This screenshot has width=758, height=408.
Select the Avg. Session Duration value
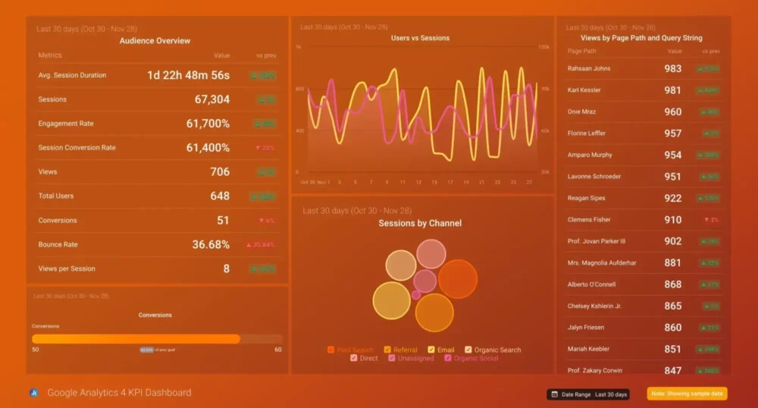[x=188, y=75]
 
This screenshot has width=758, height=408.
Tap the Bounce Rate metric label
[x=58, y=244]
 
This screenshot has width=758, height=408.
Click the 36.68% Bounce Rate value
[x=211, y=244]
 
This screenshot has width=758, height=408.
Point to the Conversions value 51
[x=223, y=220]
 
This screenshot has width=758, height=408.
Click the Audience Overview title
[x=155, y=41]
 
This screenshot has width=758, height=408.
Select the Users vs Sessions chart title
[x=420, y=38]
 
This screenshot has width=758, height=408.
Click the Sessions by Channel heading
[x=420, y=223]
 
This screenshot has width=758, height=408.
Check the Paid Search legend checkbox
[x=331, y=350]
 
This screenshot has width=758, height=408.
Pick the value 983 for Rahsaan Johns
[x=672, y=68]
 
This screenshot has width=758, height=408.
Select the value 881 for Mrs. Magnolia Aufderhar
[x=672, y=263]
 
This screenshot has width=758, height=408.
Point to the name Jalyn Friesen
[x=587, y=328]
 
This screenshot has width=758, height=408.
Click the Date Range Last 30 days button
[x=589, y=394]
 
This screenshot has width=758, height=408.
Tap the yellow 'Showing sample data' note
[x=688, y=394]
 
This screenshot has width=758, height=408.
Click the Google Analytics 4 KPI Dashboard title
[x=119, y=393]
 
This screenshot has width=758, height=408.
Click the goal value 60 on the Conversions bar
[x=277, y=350]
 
